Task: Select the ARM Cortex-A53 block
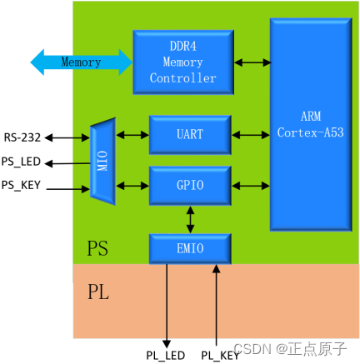click(x=310, y=125)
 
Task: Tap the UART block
click(x=189, y=134)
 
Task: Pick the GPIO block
click(x=189, y=185)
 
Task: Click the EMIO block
click(x=189, y=248)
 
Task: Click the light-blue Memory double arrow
click(x=81, y=62)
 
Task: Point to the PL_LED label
click(x=165, y=355)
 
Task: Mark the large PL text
click(x=98, y=292)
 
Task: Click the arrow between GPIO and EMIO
click(x=191, y=219)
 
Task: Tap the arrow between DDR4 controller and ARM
click(x=252, y=62)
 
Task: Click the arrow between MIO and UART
click(x=132, y=134)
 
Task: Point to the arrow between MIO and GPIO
click(x=132, y=182)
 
